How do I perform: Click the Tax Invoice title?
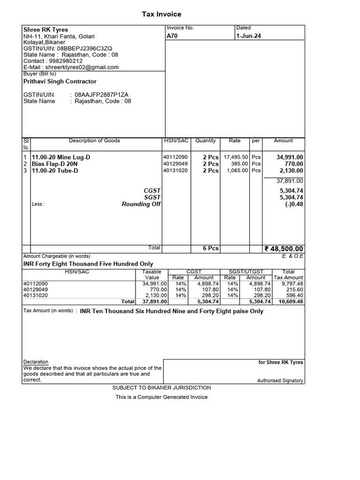(x=162, y=15)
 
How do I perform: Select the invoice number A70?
(x=172, y=36)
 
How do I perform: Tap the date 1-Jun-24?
(x=248, y=36)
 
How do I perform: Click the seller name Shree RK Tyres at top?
(x=45, y=30)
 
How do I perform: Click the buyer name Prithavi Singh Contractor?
(x=60, y=82)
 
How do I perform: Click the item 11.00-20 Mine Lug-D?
(x=60, y=157)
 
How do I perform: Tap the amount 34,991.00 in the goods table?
(x=290, y=157)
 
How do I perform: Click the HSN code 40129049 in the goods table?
(x=175, y=164)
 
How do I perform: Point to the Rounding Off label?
(x=141, y=204)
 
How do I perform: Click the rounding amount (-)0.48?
(x=294, y=204)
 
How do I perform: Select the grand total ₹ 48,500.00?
(x=284, y=249)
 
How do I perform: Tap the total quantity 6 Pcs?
(x=210, y=248)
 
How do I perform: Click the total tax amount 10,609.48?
(x=291, y=302)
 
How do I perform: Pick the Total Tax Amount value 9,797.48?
(x=293, y=284)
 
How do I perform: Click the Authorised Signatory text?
(x=280, y=381)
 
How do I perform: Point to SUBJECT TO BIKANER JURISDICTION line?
(x=162, y=388)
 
